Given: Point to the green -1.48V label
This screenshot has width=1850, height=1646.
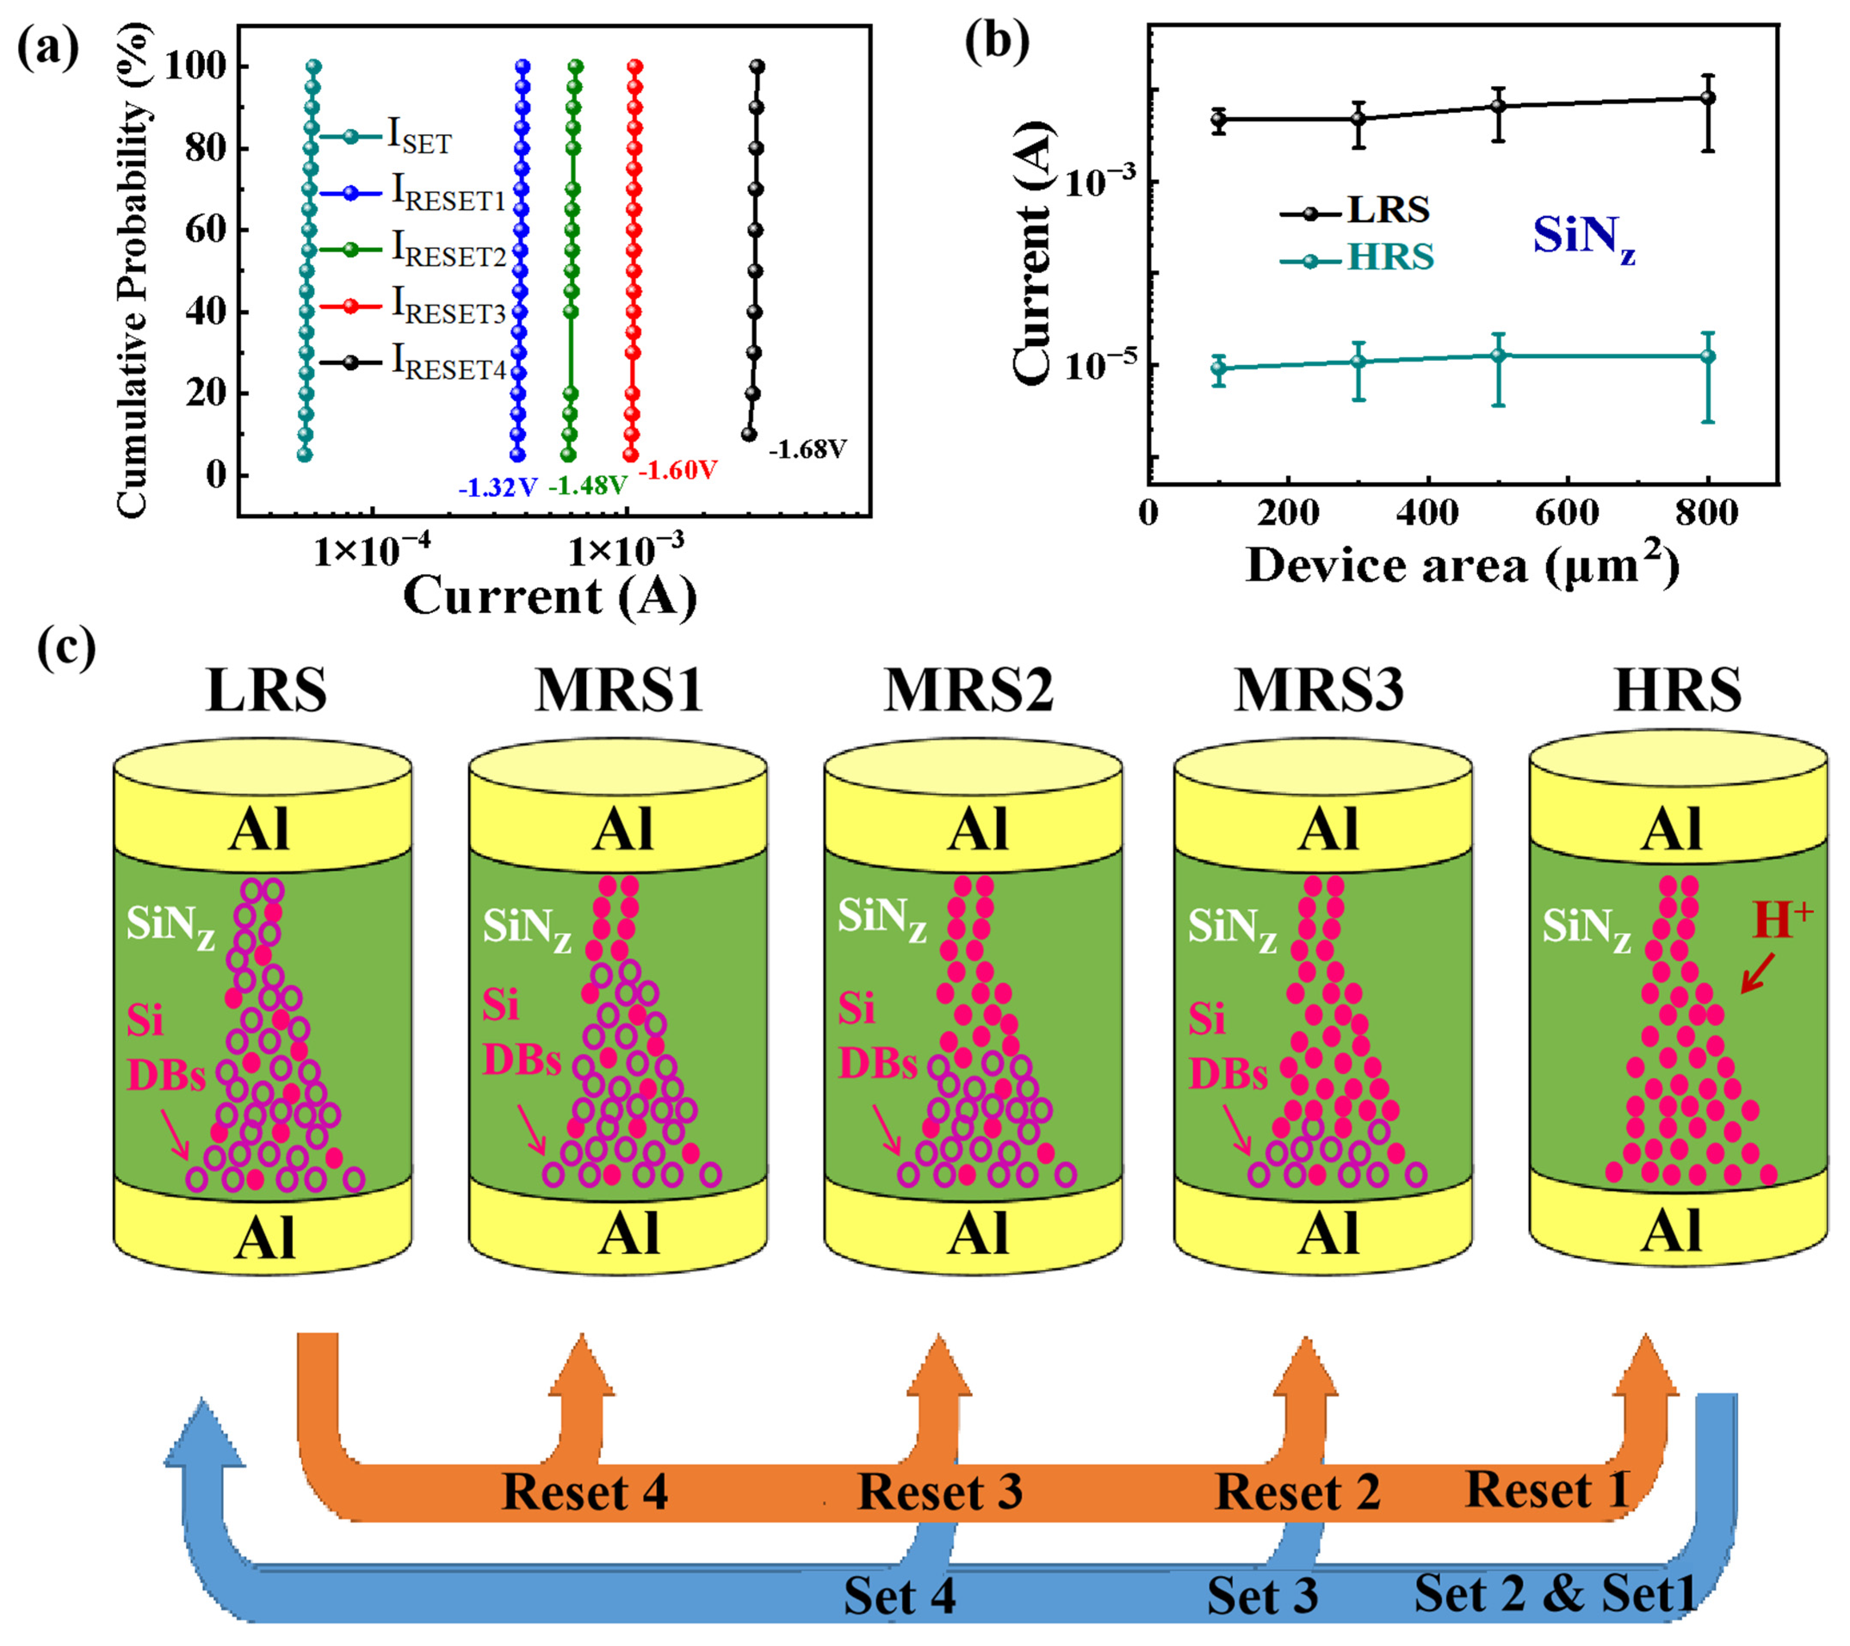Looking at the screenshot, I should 588,486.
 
